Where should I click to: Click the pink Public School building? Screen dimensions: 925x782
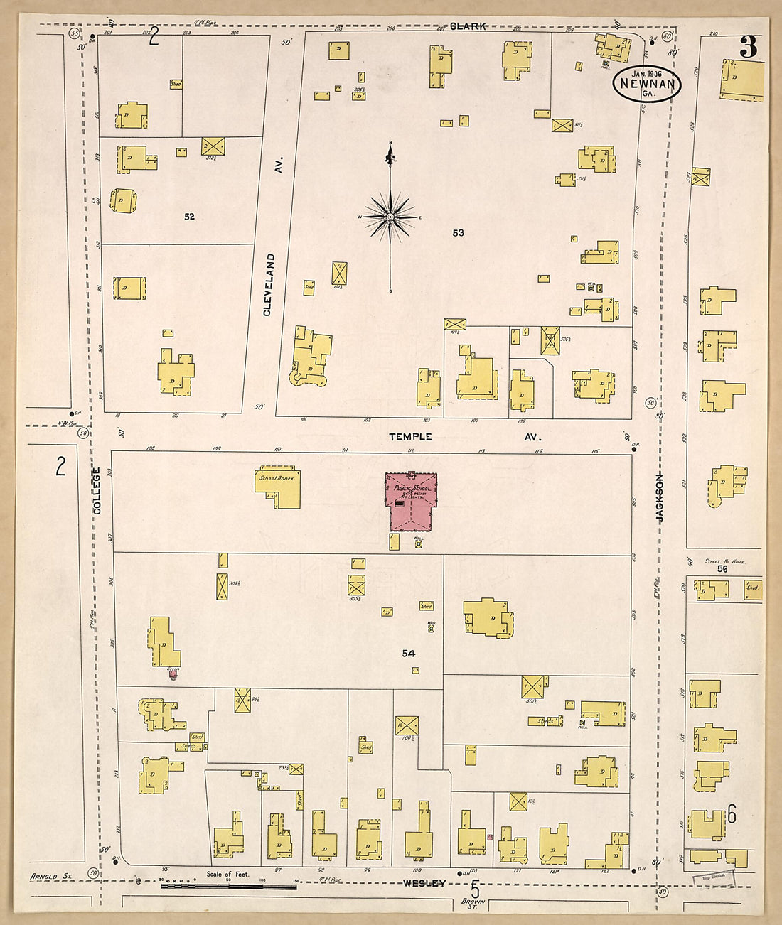coord(412,502)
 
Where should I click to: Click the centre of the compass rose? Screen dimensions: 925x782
coord(390,216)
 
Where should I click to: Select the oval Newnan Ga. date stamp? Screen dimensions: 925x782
coord(647,83)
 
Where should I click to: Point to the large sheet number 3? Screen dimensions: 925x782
coord(748,47)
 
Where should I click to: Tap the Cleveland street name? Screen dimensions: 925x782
coord(269,284)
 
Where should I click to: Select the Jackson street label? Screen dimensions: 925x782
coord(659,499)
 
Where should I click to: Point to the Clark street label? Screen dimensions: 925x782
coord(468,26)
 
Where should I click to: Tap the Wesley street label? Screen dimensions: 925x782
coord(424,883)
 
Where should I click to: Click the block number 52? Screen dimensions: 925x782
coord(189,217)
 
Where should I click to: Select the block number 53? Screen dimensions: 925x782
coord(459,232)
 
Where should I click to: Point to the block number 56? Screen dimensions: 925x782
coord(722,568)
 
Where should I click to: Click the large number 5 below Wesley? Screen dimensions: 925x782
coord(475,888)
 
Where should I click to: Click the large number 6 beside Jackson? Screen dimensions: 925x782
coord(732,815)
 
